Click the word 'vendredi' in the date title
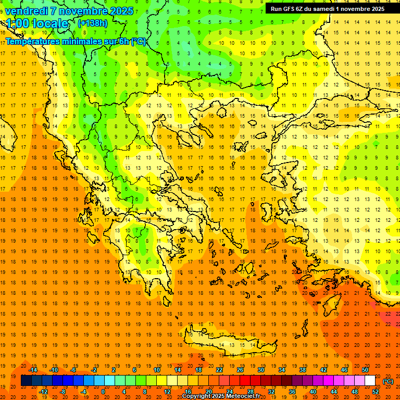point(27,10)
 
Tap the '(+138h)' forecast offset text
point(93,23)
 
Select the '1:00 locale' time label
point(37,23)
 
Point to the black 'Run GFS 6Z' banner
point(327,8)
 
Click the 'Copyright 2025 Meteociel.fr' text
point(221,396)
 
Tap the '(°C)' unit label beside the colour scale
point(388,381)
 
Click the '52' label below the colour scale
point(376,392)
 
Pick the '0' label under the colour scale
point(103,392)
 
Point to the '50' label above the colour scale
point(365,370)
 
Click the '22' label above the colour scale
point(219,370)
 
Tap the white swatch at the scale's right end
point(370,381)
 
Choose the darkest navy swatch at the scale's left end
point(26,381)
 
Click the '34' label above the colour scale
point(281,370)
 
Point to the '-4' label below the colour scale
point(83,392)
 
